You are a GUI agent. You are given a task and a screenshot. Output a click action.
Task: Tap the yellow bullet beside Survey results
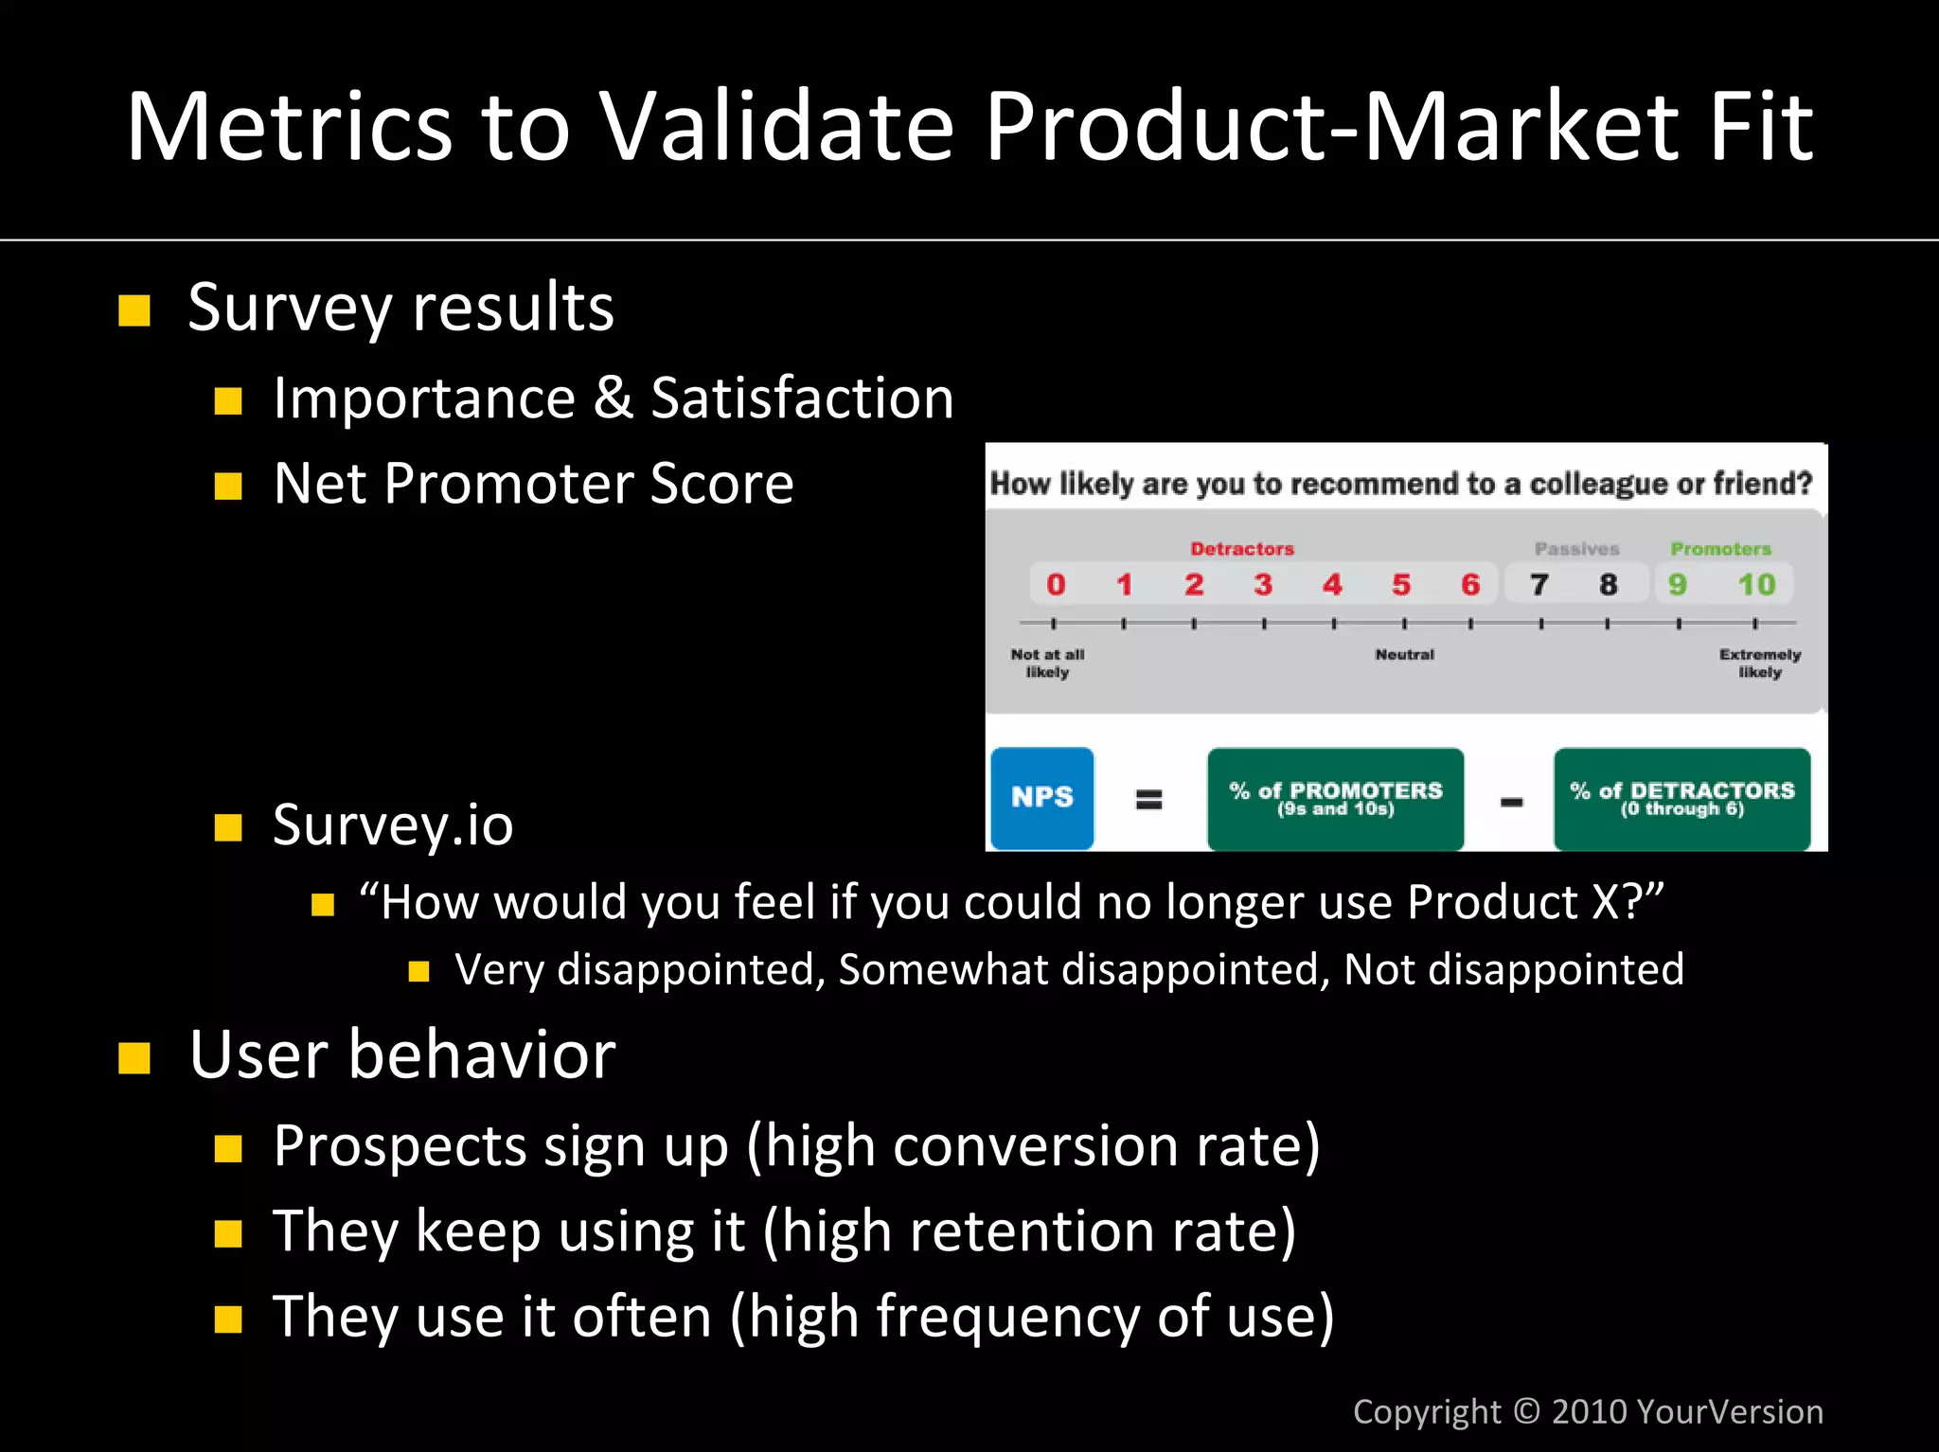134,310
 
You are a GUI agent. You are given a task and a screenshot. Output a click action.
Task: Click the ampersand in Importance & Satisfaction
613,398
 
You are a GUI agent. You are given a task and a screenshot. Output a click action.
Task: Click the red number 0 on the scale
1056,585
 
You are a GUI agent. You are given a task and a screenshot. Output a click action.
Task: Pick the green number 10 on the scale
1756,585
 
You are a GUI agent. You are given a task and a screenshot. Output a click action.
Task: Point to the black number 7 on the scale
1539,585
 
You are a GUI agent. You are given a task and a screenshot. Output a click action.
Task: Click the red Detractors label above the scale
1241,549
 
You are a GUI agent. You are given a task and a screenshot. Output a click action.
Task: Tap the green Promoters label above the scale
1720,549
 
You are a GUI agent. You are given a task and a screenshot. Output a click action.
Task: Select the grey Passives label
1576,549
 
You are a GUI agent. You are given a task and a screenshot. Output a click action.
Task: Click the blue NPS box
1041,798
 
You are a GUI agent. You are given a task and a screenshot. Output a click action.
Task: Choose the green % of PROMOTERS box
1335,798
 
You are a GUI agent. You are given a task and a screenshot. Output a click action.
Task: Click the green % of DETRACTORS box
1681,798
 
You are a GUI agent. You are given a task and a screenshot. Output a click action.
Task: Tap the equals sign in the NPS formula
1148,800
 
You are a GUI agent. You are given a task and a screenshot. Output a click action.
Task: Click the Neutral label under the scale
1404,655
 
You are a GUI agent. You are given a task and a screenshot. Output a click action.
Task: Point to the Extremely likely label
1759,663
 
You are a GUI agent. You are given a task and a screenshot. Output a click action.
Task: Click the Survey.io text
393,825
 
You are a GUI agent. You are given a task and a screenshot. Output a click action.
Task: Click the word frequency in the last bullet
1007,1318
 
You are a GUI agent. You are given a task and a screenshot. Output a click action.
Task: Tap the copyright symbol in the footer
1526,1411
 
